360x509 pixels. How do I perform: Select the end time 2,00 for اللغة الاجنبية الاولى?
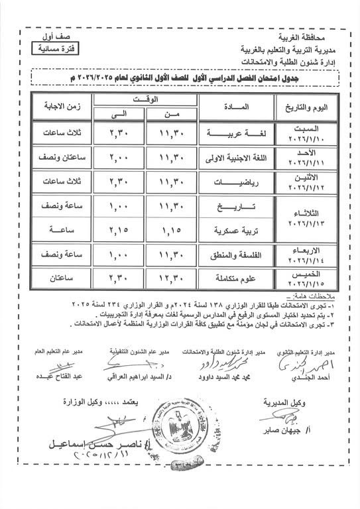[x=121, y=157]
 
